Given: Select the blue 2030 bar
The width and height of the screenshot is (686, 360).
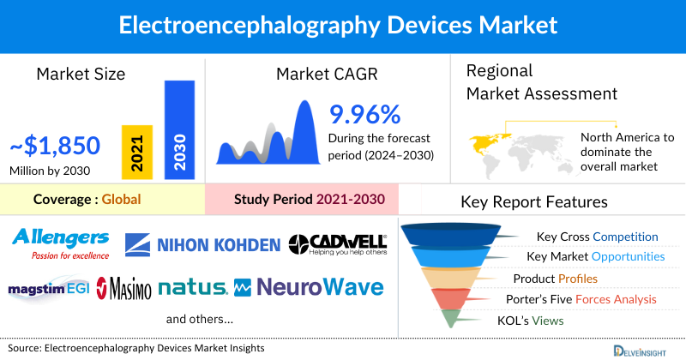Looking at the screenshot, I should [179, 129].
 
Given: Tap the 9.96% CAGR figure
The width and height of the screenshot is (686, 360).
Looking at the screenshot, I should [364, 115].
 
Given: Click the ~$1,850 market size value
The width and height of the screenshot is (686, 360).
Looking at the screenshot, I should [56, 146].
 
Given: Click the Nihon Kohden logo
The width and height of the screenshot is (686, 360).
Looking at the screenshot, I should [203, 245].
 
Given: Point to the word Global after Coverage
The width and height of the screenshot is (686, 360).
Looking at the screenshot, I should [121, 200].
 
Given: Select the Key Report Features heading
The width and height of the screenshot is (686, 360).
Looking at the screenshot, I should [534, 202].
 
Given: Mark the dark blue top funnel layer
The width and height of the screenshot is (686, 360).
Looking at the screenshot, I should [454, 234].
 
